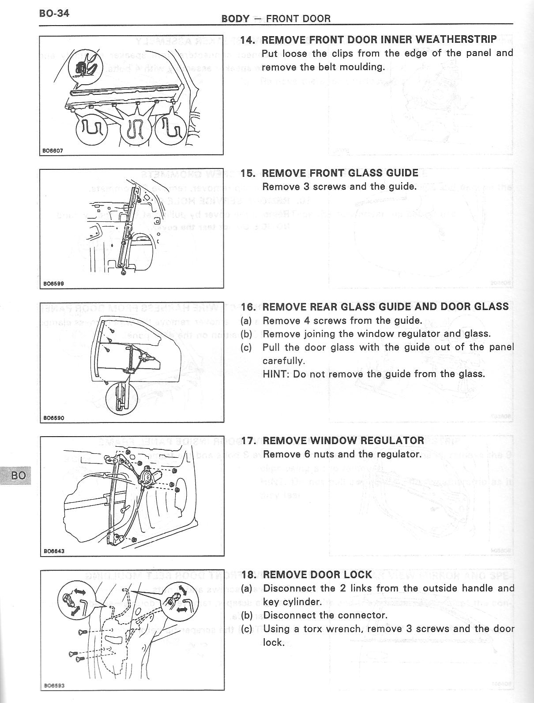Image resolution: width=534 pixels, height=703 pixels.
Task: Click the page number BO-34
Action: (54, 13)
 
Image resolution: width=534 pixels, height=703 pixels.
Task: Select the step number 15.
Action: (248, 173)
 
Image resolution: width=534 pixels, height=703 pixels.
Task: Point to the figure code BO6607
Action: (53, 151)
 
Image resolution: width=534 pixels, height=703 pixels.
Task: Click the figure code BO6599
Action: (53, 284)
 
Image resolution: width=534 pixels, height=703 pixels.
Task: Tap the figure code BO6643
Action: (53, 551)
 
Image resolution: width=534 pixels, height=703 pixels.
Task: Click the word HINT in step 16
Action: (274, 374)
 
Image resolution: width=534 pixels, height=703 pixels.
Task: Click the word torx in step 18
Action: (314, 629)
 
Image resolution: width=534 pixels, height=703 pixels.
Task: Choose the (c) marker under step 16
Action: (246, 348)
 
